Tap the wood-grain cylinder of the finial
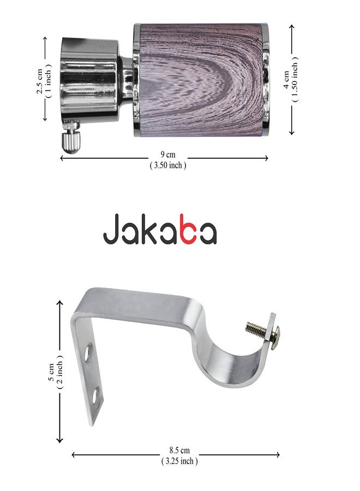pos(201,80)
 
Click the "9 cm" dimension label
pos(168,154)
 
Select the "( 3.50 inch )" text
pos(168,165)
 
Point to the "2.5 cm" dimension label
pos(40,81)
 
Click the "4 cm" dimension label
pos(286,80)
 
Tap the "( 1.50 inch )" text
pos(295,80)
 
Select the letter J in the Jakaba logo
pos(111,229)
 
